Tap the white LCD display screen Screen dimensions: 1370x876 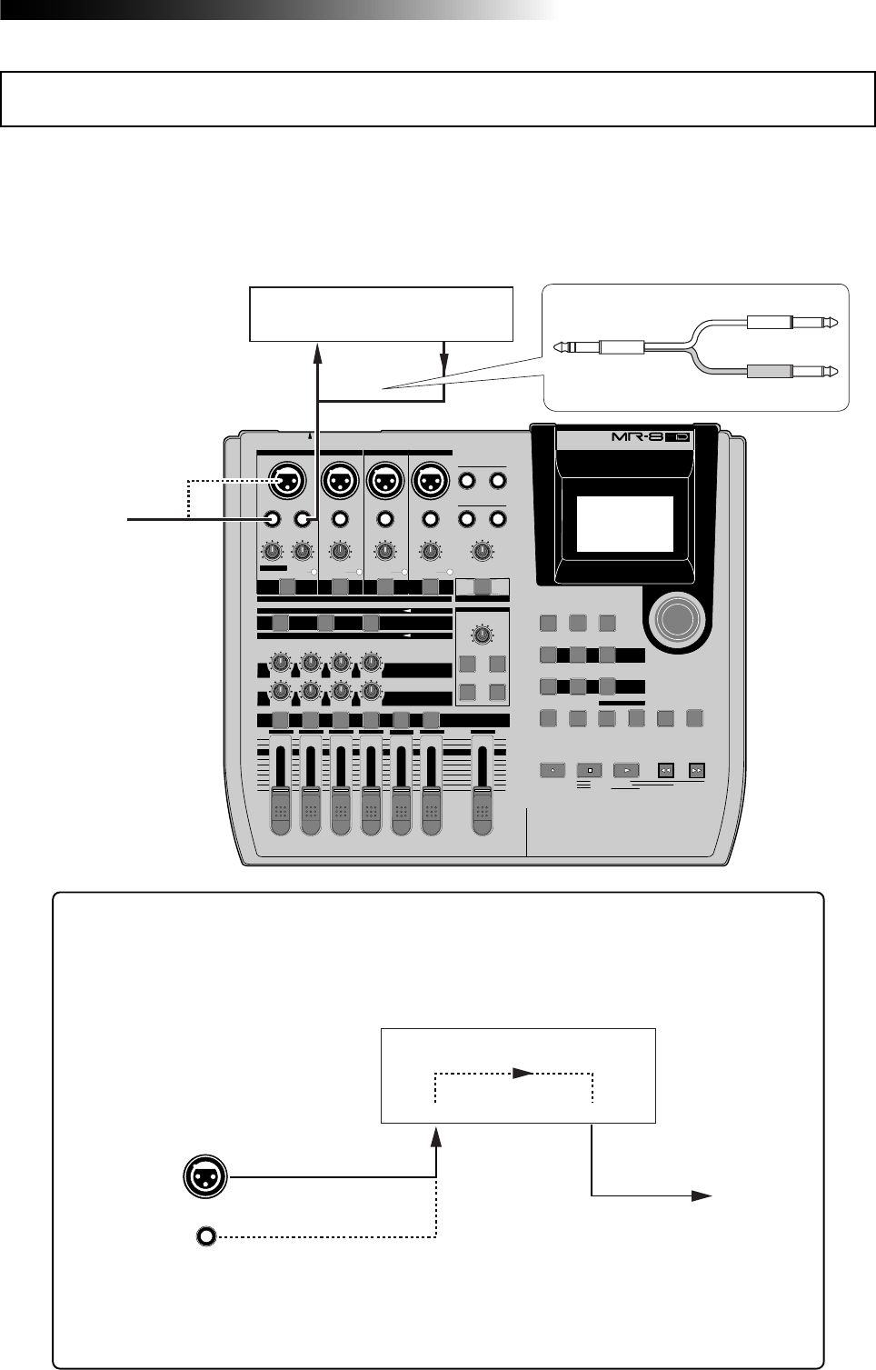pyautogui.click(x=625, y=524)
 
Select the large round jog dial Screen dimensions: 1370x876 pyautogui.click(x=673, y=618)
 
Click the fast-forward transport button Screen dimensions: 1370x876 pyautogui.click(x=697, y=770)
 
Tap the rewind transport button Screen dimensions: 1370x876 pyautogui.click(x=665, y=770)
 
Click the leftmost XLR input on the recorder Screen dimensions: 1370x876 pyautogui.click(x=288, y=478)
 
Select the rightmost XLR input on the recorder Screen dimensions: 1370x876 pyautogui.click(x=430, y=478)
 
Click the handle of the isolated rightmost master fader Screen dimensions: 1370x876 pyautogui.click(x=483, y=810)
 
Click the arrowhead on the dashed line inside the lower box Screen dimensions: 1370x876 pyautogui.click(x=522, y=1074)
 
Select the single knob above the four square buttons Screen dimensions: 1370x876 pyautogui.click(x=483, y=635)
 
